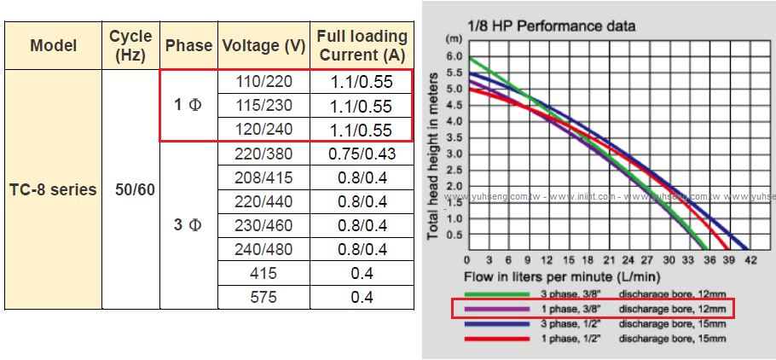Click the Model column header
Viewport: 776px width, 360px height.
(53, 46)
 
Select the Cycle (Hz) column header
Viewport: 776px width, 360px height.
(130, 46)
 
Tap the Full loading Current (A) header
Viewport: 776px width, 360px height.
(361, 46)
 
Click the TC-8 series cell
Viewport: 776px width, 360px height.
(53, 189)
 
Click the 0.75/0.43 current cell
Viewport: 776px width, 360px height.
(362, 154)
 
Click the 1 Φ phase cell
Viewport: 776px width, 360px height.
(188, 106)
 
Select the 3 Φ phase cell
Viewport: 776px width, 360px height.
(188, 225)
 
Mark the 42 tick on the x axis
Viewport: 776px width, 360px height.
(750, 259)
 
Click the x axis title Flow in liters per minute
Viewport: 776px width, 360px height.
(560, 277)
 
